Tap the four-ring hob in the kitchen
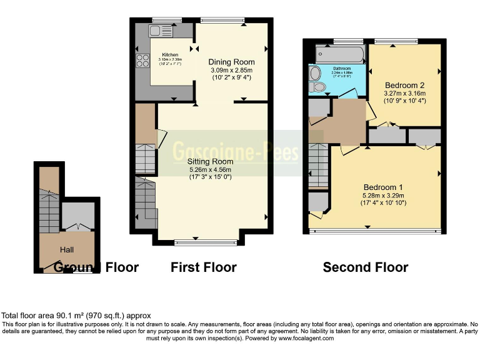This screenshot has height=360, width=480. click(x=142, y=61)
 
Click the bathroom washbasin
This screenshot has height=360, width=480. click(x=314, y=72)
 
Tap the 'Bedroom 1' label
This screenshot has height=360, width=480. click(x=384, y=187)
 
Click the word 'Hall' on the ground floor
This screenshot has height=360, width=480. click(x=67, y=249)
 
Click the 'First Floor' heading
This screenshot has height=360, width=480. click(x=204, y=267)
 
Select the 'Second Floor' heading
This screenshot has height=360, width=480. click(x=366, y=267)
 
